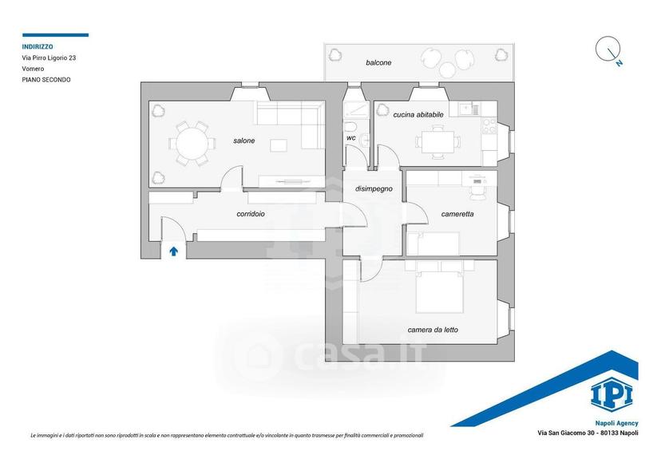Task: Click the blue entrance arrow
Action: point(173,251)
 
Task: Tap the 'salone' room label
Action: point(244,140)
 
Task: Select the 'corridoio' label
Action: point(251,214)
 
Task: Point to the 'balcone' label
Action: point(378,63)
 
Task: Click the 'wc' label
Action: point(351,138)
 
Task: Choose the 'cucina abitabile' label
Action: point(418,115)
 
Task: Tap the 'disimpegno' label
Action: point(374,189)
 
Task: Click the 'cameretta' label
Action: point(457,214)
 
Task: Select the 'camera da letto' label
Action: point(433,330)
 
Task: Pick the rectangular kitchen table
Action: point(438,142)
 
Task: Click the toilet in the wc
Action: point(350,126)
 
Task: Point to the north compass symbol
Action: point(609,50)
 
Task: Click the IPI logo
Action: point(612,395)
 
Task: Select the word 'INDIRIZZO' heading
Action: point(38,47)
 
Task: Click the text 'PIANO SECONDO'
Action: point(46,80)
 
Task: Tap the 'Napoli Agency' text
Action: point(617,423)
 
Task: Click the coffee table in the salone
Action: point(279,145)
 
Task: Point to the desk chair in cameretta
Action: point(477,192)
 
